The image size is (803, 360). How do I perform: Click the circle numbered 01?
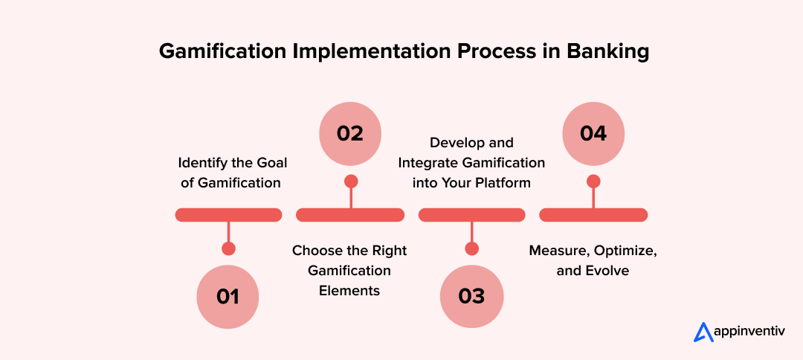(228, 296)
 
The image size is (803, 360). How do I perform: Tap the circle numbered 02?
(350, 133)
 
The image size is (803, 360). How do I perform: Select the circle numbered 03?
(471, 296)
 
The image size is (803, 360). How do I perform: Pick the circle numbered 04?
(593, 133)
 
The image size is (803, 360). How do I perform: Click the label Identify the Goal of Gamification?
(231, 172)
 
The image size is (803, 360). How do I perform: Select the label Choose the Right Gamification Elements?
(349, 270)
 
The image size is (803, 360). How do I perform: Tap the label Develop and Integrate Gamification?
(471, 162)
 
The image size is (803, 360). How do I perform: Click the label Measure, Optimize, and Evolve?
(593, 260)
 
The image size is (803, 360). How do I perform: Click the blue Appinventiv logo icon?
(703, 332)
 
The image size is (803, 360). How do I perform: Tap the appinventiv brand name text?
(747, 332)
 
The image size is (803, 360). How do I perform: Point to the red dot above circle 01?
(228, 248)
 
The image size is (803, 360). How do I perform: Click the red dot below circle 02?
(351, 181)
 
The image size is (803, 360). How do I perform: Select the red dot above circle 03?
(471, 248)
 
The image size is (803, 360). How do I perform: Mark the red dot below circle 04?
(593, 181)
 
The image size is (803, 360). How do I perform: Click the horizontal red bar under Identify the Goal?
(228, 215)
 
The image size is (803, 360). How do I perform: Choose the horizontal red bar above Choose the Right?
(350, 215)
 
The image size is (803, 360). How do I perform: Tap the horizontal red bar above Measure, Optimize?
(593, 215)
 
